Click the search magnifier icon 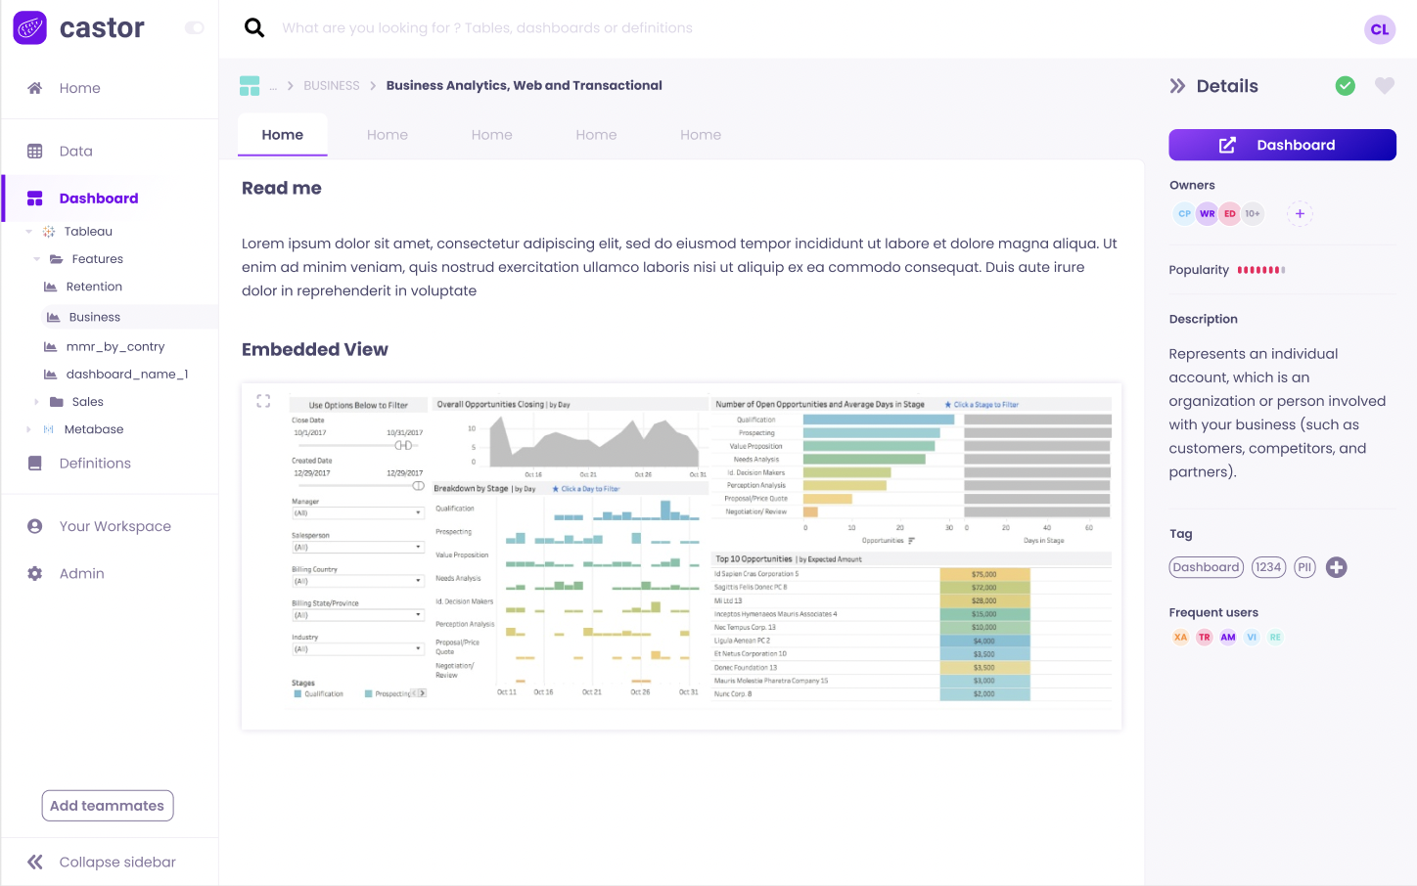254,27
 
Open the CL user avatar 1379,29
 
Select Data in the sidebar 75,152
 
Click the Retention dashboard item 94,287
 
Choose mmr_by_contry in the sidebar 114,346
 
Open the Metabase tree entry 93,429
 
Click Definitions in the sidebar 94,464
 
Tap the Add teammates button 108,806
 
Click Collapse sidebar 116,862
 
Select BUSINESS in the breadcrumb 331,86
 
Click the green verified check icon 1346,86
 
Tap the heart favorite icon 1384,86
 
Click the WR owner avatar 1207,213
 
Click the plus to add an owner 1300,213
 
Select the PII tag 1304,567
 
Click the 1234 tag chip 1268,567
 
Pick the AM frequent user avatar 1227,637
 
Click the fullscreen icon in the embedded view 263,401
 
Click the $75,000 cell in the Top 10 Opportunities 983,574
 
